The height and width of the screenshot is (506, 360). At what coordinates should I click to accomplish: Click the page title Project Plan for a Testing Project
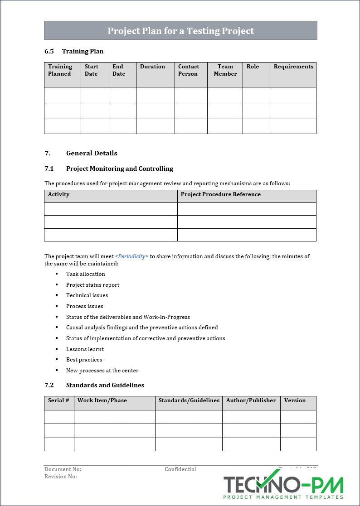tap(180, 31)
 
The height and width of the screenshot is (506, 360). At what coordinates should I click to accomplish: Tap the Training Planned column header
tap(60, 70)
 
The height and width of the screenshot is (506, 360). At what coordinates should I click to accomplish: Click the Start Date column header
tap(91, 70)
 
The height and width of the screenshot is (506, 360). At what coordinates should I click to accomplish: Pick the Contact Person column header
tap(188, 70)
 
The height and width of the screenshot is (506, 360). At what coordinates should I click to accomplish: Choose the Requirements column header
tap(293, 67)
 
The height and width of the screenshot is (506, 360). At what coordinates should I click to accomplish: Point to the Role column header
tap(253, 67)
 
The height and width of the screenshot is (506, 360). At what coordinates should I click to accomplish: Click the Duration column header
tap(152, 67)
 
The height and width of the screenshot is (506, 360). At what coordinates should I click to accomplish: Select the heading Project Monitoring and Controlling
tap(119, 169)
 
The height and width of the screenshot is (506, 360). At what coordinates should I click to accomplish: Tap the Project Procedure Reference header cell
tap(220, 194)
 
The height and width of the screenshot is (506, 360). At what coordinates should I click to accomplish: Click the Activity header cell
tap(59, 194)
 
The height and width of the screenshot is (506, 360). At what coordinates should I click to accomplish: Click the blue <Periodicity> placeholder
tap(131, 256)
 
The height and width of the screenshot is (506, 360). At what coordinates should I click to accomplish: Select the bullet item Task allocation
tap(85, 274)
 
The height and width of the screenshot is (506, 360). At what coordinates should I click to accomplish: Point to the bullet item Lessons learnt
tap(85, 349)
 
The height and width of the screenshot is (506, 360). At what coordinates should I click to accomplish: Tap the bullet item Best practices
tap(84, 360)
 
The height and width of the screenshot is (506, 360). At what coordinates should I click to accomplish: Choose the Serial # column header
tap(58, 400)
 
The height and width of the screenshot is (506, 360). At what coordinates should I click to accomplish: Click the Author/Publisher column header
tap(251, 400)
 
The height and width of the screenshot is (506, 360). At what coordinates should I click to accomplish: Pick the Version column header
tap(295, 400)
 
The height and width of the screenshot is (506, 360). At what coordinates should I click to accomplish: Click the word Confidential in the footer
tap(180, 469)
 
